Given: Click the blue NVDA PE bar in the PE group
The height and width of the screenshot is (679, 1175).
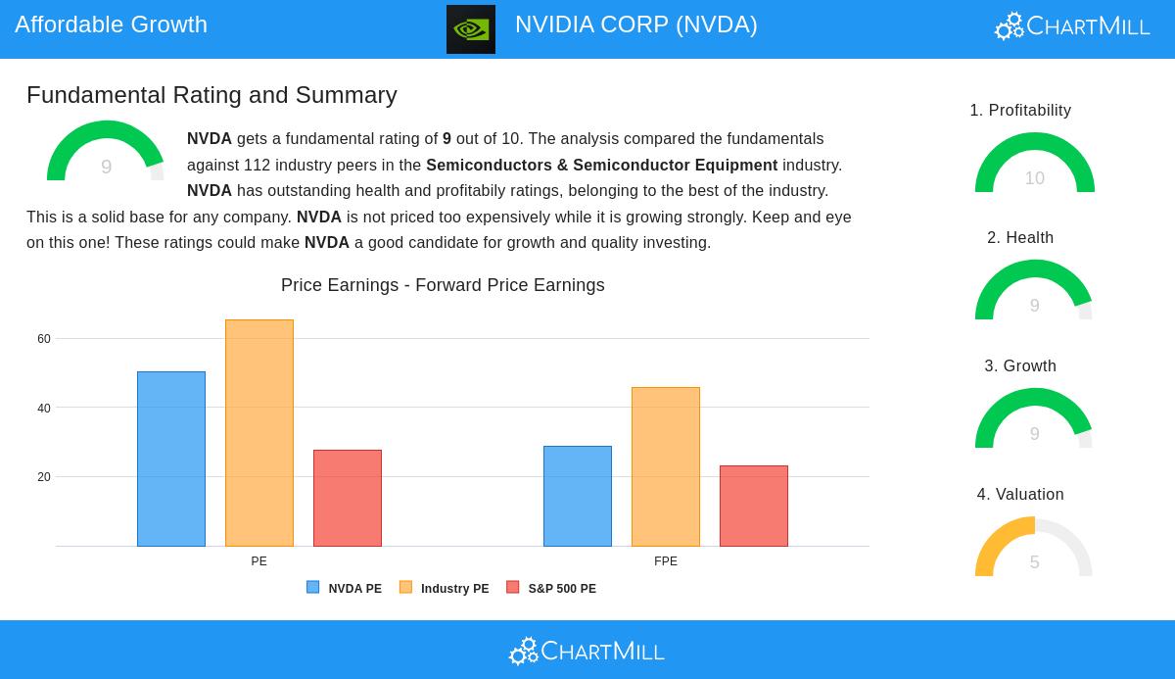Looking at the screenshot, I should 171,459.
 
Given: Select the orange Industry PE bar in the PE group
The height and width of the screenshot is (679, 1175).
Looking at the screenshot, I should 259,432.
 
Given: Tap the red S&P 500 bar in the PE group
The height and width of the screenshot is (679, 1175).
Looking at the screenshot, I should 348,498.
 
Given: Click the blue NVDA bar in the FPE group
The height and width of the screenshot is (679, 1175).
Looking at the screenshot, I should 578,496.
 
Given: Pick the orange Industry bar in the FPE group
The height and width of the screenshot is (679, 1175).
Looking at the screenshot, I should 666,466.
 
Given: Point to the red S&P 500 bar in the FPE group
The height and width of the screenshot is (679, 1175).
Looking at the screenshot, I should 754,506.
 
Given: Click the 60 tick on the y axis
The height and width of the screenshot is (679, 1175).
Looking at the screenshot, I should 44,339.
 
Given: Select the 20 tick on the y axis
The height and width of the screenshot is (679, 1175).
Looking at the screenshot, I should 44,477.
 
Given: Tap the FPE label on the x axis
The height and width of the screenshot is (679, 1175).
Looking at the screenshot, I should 666,561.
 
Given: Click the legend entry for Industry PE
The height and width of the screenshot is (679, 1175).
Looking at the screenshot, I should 445,588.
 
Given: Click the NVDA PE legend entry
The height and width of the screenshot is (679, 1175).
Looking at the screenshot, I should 345,588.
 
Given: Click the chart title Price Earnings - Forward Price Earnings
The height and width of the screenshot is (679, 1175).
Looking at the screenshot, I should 443,285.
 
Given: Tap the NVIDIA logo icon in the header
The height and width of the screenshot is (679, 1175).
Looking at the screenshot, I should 471,29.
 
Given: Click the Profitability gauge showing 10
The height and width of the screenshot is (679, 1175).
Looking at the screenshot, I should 1034,165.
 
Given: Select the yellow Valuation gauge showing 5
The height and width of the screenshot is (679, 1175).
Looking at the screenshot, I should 1034,549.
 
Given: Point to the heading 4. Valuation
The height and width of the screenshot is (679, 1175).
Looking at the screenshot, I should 1020,495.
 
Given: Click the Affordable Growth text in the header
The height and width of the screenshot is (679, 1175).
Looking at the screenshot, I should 111,24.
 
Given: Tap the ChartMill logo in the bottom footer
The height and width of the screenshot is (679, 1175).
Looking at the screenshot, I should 587,651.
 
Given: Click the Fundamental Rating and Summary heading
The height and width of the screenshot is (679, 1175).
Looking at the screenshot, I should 211,95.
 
